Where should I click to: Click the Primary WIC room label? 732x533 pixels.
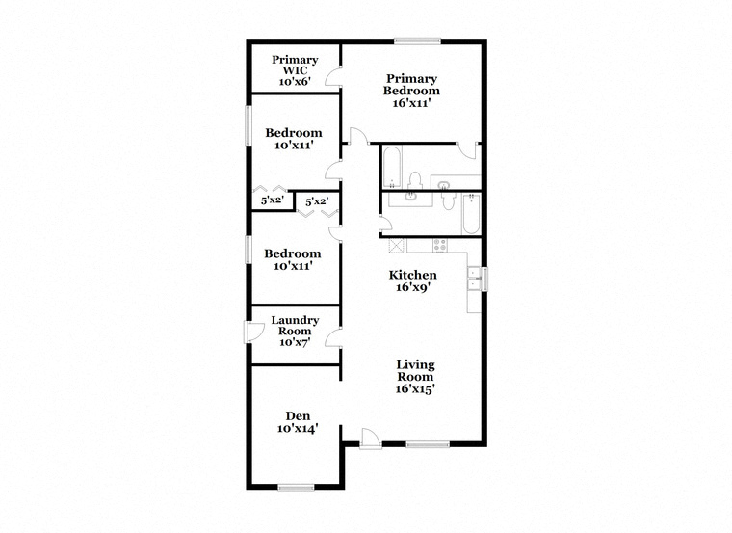[295, 65]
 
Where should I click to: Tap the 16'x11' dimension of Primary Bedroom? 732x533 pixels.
[411, 103]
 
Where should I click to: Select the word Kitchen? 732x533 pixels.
[412, 275]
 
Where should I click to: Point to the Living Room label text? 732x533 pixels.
[415, 370]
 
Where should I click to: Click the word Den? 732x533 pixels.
[298, 415]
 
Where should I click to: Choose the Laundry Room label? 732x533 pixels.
[295, 326]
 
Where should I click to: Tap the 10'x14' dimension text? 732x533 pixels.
[298, 428]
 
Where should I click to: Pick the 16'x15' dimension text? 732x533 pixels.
[415, 388]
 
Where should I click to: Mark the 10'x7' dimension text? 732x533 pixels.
[295, 342]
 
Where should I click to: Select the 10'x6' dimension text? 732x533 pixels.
[295, 82]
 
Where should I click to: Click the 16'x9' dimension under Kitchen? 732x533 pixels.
[412, 287]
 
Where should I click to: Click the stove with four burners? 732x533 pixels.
[440, 245]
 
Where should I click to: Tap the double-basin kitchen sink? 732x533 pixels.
[474, 279]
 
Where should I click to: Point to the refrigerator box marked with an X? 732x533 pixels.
[398, 245]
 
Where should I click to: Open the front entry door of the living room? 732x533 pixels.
[371, 439]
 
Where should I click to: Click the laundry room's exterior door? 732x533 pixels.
[254, 332]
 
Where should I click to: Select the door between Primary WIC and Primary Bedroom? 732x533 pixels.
[334, 77]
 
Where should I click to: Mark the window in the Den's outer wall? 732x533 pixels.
[296, 488]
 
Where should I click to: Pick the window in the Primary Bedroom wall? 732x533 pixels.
[417, 41]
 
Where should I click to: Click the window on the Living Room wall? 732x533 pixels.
[428, 444]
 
